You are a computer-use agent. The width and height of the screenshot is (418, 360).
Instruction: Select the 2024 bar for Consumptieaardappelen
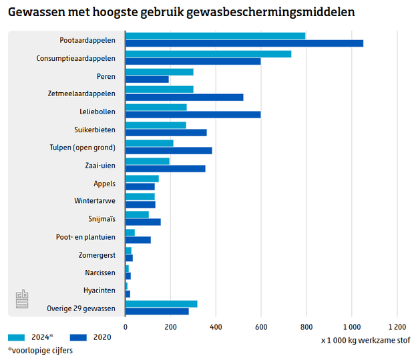click(208, 54)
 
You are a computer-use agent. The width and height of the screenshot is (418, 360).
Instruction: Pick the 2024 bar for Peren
click(160, 72)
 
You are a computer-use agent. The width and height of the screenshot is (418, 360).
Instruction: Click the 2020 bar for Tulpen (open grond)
click(169, 151)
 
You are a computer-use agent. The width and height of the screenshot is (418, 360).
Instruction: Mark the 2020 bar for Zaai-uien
click(166, 168)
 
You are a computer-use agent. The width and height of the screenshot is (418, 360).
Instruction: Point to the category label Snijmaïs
click(101, 218)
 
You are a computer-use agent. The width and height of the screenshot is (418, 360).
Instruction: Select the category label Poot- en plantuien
click(85, 236)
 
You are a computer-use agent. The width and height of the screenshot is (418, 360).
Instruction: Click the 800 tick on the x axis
click(306, 327)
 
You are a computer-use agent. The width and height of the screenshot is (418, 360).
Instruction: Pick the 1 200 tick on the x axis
click(397, 327)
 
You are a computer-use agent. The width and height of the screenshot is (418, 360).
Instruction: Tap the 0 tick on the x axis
click(126, 327)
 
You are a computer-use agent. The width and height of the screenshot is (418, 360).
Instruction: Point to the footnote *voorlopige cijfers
click(40, 350)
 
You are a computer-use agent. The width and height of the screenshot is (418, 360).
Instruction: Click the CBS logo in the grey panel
click(23, 299)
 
